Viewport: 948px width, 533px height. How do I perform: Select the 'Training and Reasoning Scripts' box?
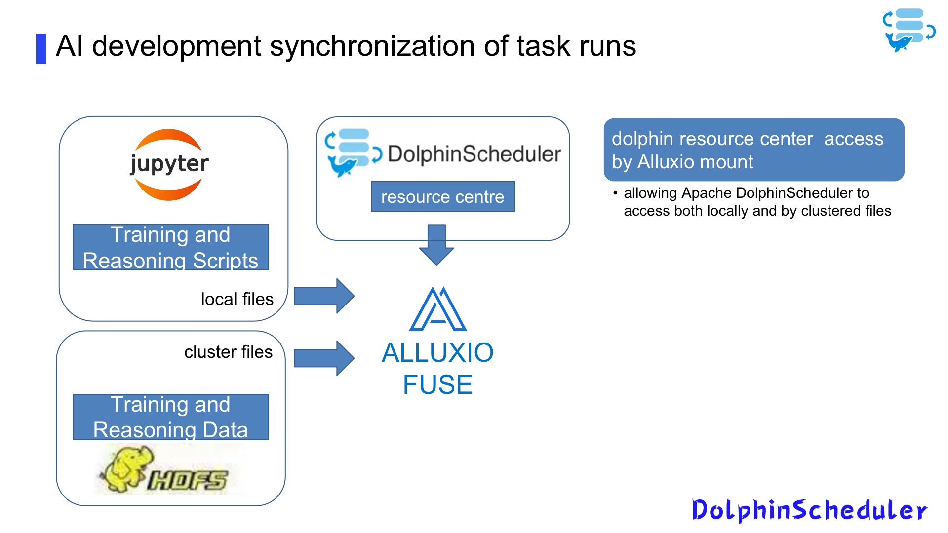(x=171, y=247)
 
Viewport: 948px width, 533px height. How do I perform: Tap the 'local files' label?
(x=237, y=299)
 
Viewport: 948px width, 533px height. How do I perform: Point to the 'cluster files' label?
(x=228, y=352)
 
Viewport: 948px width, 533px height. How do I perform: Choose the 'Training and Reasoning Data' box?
(x=171, y=417)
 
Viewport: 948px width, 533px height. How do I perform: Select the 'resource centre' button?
(x=442, y=197)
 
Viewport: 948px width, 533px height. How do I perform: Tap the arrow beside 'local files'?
(x=324, y=296)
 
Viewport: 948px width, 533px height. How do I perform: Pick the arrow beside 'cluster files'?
(x=324, y=358)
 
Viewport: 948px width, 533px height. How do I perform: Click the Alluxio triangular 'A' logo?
(x=438, y=309)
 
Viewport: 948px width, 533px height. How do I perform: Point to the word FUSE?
(x=438, y=384)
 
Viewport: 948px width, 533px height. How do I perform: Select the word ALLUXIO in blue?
(x=438, y=352)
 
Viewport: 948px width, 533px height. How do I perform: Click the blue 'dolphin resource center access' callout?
(x=753, y=150)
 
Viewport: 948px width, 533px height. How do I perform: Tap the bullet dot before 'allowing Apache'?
(x=615, y=193)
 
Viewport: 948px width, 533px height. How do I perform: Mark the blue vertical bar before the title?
(x=41, y=48)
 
